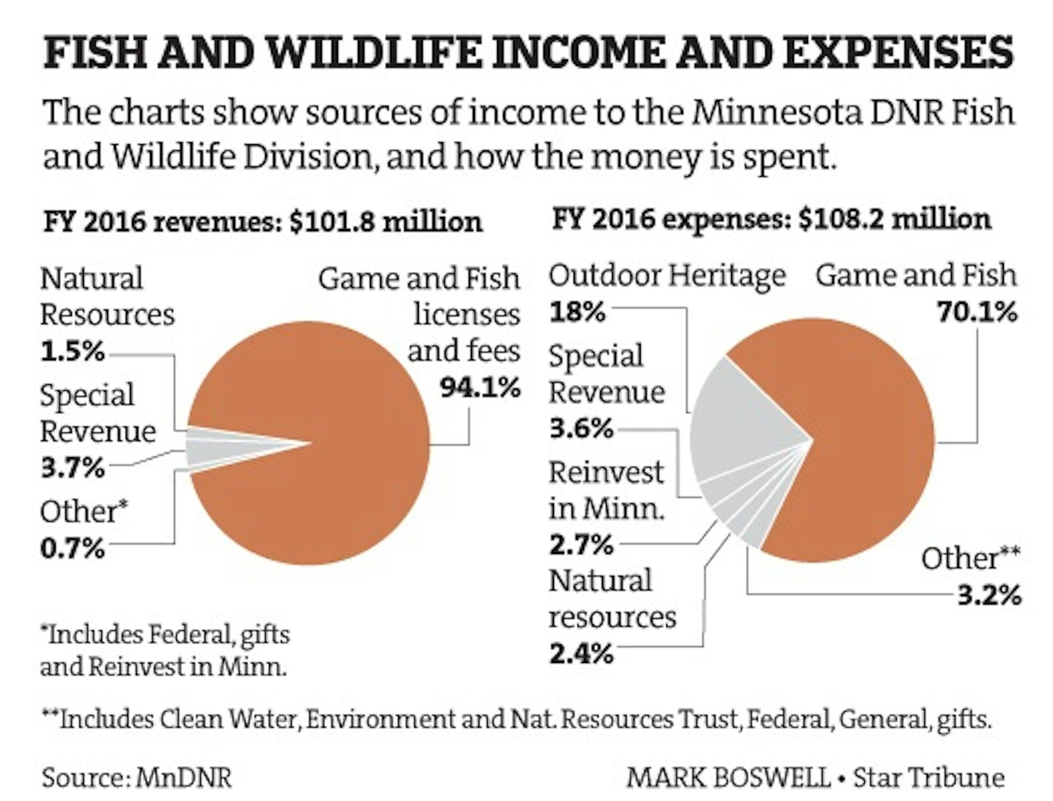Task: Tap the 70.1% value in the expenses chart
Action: point(977,312)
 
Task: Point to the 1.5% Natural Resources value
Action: point(72,351)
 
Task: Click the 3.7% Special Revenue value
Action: point(72,468)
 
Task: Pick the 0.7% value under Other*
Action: point(72,548)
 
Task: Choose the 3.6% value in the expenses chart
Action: point(581,429)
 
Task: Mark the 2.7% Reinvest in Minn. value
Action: point(581,545)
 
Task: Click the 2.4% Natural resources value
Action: point(581,653)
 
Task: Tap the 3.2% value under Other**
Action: point(989,595)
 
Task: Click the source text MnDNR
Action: point(183,777)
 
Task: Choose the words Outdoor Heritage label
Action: point(667,276)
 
